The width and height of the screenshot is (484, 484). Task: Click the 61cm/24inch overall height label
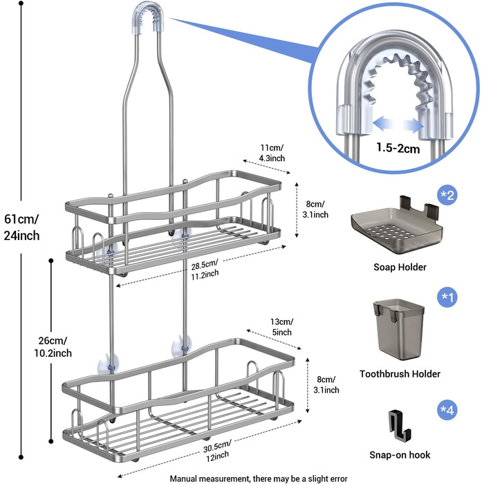click(x=21, y=227)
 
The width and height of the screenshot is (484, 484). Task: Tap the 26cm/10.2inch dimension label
click(x=53, y=347)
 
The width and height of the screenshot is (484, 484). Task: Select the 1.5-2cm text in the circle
click(x=398, y=148)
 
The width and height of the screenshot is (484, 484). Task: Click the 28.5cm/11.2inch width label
click(x=205, y=269)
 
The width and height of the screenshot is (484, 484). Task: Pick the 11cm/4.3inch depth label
click(x=272, y=153)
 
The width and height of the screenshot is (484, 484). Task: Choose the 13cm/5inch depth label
click(x=281, y=327)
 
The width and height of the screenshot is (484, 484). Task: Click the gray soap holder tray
click(x=397, y=225)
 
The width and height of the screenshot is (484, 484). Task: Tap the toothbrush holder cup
click(x=399, y=329)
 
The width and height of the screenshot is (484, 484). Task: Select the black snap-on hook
click(x=399, y=425)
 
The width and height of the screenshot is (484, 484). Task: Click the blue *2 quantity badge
click(x=447, y=195)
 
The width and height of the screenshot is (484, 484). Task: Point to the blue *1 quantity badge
click(x=447, y=297)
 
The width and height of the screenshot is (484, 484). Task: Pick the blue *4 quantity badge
click(x=447, y=410)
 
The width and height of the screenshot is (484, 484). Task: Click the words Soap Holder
click(x=400, y=267)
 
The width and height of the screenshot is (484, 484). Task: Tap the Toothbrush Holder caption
click(x=400, y=374)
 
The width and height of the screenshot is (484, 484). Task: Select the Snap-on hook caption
click(x=400, y=455)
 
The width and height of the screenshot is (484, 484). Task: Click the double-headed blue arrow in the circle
click(x=398, y=124)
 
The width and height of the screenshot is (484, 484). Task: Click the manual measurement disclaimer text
click(x=259, y=478)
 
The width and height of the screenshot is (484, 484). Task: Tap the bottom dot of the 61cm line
click(x=21, y=457)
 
